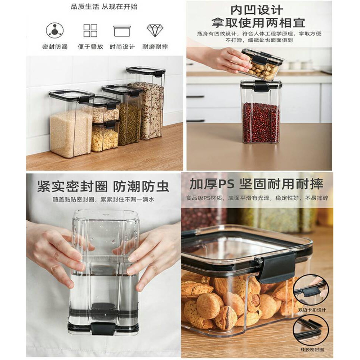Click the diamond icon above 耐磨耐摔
pyautogui.click(x=154, y=30)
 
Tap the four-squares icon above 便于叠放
pyautogui.click(x=90, y=30)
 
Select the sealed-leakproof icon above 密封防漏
pyautogui.click(x=55, y=30)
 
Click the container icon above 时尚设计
pyautogui.click(x=122, y=31)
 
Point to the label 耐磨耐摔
pyautogui.click(x=155, y=47)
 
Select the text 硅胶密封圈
pyautogui.click(x=311, y=350)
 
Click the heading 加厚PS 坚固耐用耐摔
pyautogui.click(x=256, y=184)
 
